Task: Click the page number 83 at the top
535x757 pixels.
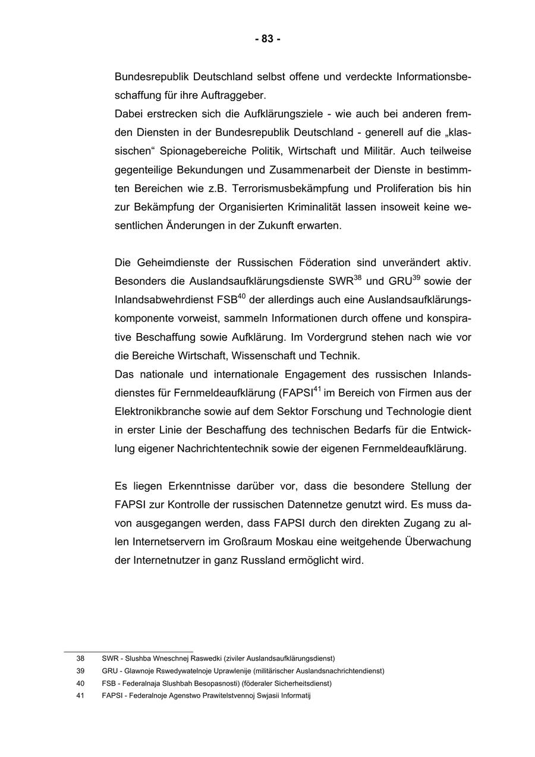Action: click(x=267, y=39)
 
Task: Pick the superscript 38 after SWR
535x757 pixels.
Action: click(x=358, y=277)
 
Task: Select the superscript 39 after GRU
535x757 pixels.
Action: click(x=416, y=277)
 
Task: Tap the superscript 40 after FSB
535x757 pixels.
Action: click(x=242, y=296)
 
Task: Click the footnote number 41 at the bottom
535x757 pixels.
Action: click(x=80, y=696)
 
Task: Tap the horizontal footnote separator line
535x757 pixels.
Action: click(x=128, y=652)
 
